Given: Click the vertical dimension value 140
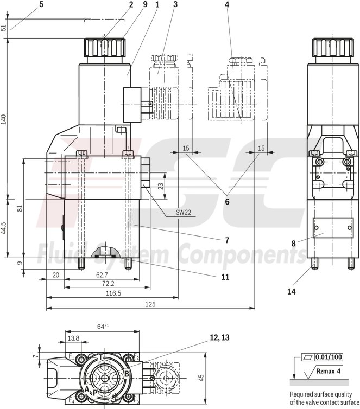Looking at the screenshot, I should click(x=4, y=119).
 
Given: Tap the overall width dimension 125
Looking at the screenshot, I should click(x=150, y=304).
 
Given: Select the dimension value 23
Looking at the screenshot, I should click(x=161, y=186).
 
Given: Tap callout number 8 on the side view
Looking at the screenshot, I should click(x=294, y=244).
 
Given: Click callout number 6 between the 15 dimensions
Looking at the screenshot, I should click(x=227, y=202).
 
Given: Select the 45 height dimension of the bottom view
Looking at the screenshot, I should click(x=200, y=378).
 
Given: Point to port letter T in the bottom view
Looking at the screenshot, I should click(x=100, y=357).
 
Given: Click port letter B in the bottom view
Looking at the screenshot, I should click(x=127, y=374).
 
